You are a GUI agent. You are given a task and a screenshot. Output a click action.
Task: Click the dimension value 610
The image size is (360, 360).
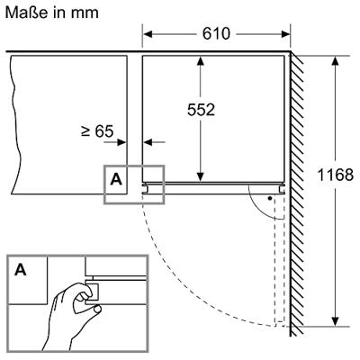pos(216,33)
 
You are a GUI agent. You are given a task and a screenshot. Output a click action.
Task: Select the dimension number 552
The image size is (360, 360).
pos(201,110)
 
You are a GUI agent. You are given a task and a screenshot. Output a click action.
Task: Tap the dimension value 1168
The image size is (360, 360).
pos(335,175)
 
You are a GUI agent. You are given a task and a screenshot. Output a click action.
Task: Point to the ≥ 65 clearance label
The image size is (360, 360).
pos(97,130)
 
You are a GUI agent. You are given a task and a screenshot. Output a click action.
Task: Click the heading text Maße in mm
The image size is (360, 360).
pos(52,13)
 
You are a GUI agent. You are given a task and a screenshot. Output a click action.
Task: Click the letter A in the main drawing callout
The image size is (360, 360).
pos(116,179)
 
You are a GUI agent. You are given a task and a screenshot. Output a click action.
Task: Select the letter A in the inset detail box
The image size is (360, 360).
pos(21,270)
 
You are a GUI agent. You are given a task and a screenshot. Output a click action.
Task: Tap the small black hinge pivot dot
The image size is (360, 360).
pos(270,198)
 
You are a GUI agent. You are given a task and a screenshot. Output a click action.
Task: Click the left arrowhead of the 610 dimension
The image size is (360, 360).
pos(148,34)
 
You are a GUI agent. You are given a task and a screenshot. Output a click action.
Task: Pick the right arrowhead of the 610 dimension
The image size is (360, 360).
pos(285,34)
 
